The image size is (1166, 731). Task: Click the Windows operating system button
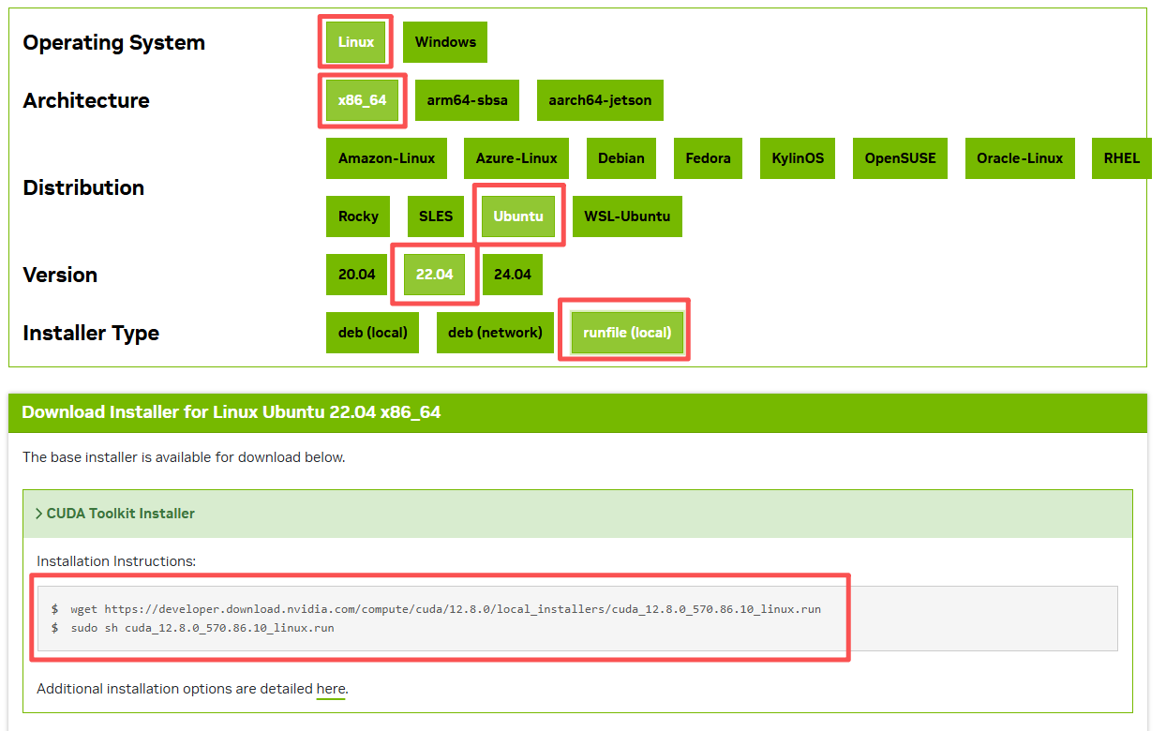click(x=445, y=42)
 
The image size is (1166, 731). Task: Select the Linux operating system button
click(x=356, y=42)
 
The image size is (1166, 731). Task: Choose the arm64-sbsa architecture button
click(x=467, y=100)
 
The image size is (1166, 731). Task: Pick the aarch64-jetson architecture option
click(x=600, y=100)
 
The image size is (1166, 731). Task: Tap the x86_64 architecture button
click(x=363, y=100)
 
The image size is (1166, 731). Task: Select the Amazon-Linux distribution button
click(x=386, y=158)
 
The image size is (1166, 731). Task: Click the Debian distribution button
click(x=621, y=158)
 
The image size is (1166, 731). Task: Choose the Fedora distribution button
click(x=708, y=158)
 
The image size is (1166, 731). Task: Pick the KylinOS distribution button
click(x=798, y=158)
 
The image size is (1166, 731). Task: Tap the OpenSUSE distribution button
click(x=901, y=158)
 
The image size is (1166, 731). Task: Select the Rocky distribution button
click(x=358, y=216)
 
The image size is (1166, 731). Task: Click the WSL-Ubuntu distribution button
click(x=627, y=216)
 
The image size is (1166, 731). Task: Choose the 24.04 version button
click(x=513, y=275)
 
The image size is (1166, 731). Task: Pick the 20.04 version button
click(x=356, y=275)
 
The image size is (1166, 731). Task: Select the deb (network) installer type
click(x=495, y=333)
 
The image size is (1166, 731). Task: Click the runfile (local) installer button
click(x=627, y=333)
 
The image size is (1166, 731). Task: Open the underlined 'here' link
click(x=331, y=689)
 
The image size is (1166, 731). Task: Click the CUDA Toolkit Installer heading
click(x=120, y=514)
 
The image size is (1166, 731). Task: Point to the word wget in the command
click(x=83, y=609)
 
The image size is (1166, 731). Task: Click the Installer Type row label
click(x=91, y=333)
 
